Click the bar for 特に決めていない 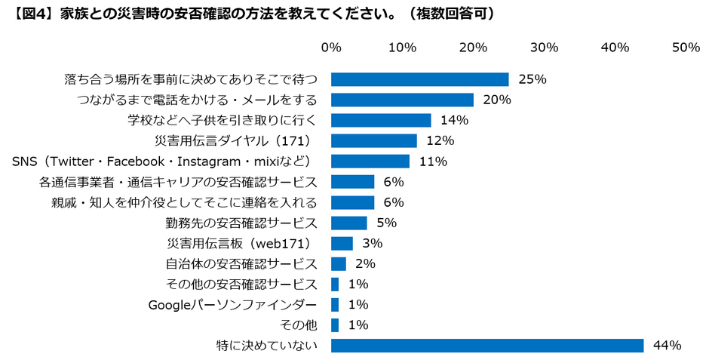click(487, 346)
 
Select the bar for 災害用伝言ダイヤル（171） click(374, 140)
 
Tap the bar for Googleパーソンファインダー click(335, 305)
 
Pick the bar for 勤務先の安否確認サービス click(349, 223)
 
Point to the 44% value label click(667, 346)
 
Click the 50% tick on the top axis click(686, 48)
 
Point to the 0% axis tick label click(331, 48)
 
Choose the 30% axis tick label click(544, 48)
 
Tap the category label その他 click(298, 325)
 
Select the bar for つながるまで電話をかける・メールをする click(402, 100)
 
